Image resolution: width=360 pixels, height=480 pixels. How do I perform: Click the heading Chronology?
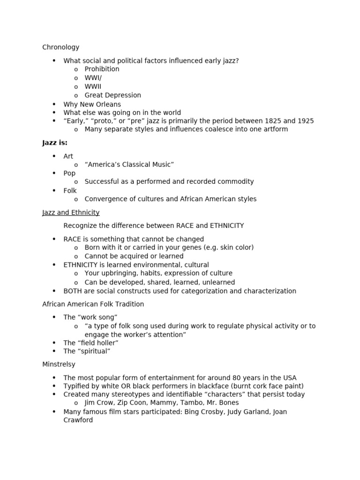(60, 47)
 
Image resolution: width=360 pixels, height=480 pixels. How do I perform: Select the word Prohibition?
(102, 69)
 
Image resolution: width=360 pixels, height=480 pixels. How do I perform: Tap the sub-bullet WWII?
(93, 87)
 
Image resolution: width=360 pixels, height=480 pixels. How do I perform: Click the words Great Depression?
(112, 95)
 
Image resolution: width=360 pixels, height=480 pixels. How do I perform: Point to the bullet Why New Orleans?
(92, 104)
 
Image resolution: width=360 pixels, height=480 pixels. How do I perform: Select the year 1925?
(305, 121)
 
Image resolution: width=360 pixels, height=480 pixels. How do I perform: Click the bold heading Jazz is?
(55, 143)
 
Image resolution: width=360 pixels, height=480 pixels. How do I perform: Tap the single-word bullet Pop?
(69, 173)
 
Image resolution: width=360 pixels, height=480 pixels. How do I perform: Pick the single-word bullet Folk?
(70, 191)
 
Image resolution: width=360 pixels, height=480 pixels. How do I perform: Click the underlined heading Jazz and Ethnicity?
(71, 213)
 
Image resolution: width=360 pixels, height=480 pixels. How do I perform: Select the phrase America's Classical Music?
(129, 165)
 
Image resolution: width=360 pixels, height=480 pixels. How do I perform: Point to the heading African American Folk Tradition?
(93, 304)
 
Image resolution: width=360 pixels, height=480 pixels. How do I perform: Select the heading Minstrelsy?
(59, 364)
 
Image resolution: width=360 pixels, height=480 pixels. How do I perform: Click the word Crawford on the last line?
(78, 420)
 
